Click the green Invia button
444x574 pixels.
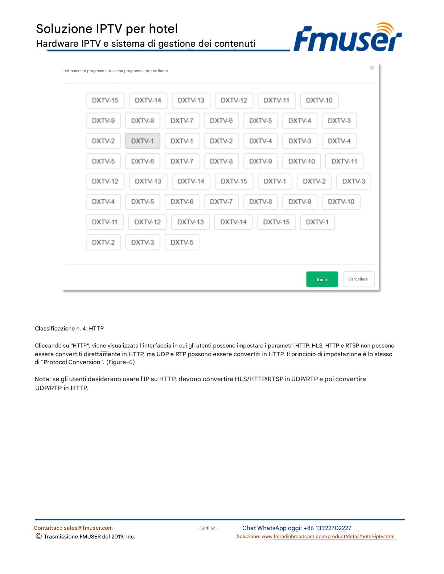tap(322, 279)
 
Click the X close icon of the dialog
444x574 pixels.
tap(372, 68)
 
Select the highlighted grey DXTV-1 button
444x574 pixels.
tap(143, 141)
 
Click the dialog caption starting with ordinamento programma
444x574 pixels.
tap(115, 71)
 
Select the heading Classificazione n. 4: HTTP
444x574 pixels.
tap(69, 329)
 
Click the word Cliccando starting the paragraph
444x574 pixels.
tap(48, 346)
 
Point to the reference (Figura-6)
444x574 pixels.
tap(120, 362)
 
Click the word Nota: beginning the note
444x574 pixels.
tap(42, 379)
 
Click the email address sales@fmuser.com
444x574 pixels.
tap(88, 528)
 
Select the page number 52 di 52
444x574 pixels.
tap(208, 528)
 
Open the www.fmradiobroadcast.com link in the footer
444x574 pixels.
tap(328, 537)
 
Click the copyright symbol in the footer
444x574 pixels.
tap(38, 536)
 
